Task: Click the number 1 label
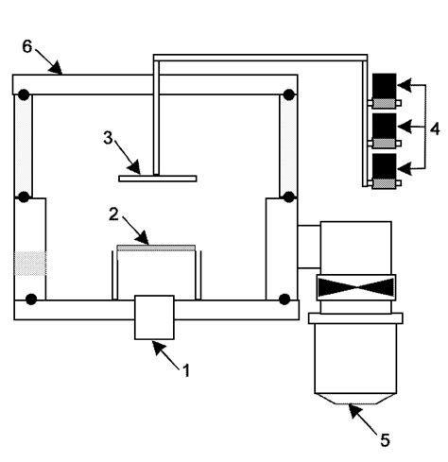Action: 185,369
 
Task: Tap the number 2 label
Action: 112,215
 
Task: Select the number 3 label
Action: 109,138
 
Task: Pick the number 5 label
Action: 383,439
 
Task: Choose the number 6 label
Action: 26,44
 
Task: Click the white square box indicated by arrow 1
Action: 154,316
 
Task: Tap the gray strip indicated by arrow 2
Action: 156,248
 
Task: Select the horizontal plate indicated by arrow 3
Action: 157,177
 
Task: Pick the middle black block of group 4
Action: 385,128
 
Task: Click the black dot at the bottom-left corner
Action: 31,300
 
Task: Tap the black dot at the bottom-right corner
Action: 283,300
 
